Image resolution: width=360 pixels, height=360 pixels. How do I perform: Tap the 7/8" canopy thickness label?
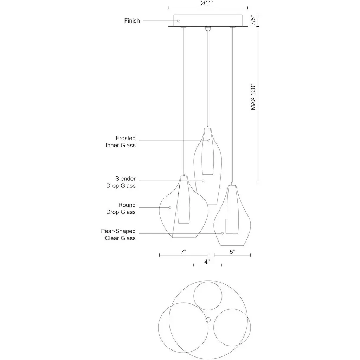(x=253, y=20)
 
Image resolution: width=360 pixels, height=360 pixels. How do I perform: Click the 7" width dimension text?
(x=183, y=252)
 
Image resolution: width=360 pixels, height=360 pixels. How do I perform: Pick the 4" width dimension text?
(x=207, y=262)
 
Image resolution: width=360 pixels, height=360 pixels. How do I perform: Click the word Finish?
(x=132, y=21)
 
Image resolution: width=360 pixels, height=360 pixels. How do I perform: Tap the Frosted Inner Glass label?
(x=121, y=142)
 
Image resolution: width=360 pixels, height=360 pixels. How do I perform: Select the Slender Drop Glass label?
(x=121, y=182)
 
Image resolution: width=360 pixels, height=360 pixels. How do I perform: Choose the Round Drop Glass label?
(x=121, y=208)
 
